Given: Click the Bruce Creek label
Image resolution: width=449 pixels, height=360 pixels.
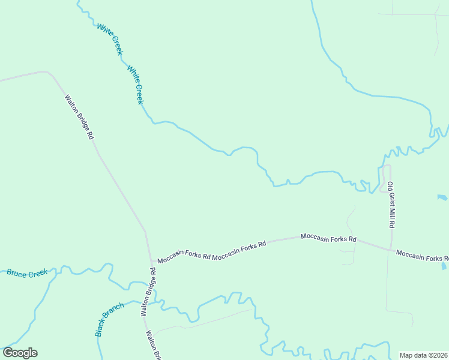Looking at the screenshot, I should pyautogui.click(x=27, y=273).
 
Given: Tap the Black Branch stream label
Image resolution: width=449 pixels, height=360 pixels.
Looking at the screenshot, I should pyautogui.click(x=109, y=319).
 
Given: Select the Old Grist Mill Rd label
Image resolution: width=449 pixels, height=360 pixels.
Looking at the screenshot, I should pyautogui.click(x=391, y=205).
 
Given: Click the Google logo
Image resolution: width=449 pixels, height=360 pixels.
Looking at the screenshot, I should pyautogui.click(x=20, y=353).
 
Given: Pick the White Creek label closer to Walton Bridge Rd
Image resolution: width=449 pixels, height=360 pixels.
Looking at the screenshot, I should pyautogui.click(x=136, y=85).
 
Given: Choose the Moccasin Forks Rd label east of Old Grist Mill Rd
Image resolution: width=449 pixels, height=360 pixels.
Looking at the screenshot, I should pyautogui.click(x=420, y=256).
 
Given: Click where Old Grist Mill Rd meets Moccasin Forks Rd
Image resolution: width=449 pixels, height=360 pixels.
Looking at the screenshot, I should pyautogui.click(x=391, y=249).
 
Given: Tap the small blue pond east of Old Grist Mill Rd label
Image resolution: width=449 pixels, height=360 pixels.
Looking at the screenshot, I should pyautogui.click(x=442, y=197).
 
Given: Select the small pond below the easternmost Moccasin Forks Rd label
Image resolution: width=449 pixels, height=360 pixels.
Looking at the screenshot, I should pyautogui.click(x=444, y=265).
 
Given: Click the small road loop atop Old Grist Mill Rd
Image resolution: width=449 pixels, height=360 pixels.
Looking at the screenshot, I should pyautogui.click(x=385, y=178).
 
